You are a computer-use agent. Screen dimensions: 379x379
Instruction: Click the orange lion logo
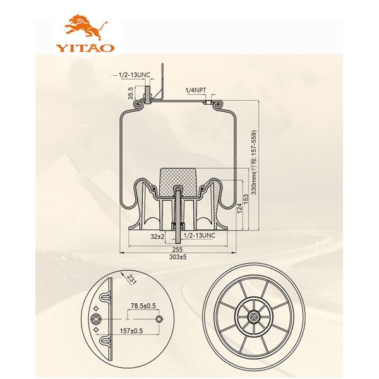[86, 27]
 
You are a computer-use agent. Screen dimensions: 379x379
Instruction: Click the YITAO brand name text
[85, 47]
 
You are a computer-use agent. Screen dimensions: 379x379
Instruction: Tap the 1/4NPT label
[196, 90]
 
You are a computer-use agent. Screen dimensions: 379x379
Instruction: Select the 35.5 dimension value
[131, 93]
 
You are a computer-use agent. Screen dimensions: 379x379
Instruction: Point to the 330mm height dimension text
[254, 162]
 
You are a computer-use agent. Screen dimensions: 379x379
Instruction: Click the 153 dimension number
[246, 199]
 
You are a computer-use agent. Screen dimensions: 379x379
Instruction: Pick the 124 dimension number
[239, 208]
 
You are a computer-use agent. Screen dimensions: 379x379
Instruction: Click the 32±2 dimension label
[157, 236]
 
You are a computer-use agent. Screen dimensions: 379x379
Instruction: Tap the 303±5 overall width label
[178, 256]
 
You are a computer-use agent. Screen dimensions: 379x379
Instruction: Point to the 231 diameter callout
[132, 279]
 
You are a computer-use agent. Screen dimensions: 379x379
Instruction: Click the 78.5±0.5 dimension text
[143, 306]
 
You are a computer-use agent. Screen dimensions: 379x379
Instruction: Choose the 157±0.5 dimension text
[131, 330]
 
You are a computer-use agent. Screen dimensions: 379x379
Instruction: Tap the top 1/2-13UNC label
[134, 75]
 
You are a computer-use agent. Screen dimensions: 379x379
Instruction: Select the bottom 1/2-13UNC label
[200, 235]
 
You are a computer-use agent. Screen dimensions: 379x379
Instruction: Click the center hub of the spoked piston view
[253, 316]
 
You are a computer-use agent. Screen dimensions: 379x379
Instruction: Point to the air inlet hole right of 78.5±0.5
[159, 319]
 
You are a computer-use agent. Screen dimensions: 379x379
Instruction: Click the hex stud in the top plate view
[96, 320]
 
